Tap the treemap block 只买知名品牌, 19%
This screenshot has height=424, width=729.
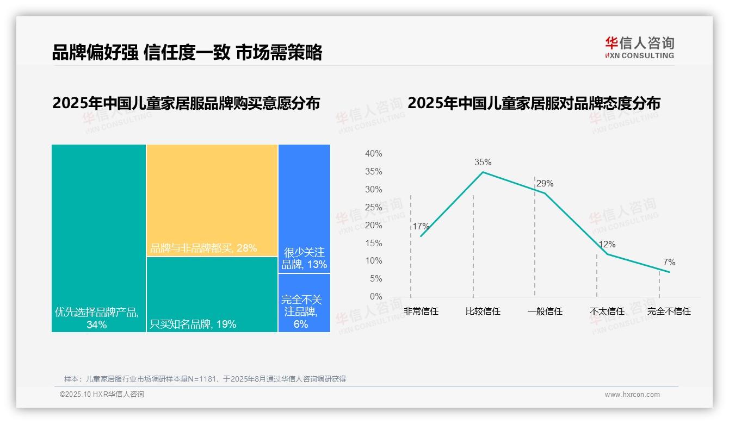[x=212, y=294]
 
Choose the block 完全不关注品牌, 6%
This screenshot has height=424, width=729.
[x=304, y=303]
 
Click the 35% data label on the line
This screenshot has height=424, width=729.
[x=483, y=162]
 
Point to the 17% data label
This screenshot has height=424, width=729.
[x=421, y=227]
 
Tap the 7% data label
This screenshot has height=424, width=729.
[x=669, y=263]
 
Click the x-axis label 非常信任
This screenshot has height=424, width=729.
[x=421, y=311]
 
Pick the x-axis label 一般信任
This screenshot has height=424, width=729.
[x=545, y=311]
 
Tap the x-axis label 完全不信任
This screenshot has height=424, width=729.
[x=669, y=311]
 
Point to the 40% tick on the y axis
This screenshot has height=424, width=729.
[x=373, y=154]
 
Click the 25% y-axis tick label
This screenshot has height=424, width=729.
[x=373, y=207]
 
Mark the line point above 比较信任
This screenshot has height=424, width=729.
[x=483, y=172]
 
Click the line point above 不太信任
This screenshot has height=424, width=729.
[x=607, y=254]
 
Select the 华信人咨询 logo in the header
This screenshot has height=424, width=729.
[x=639, y=47]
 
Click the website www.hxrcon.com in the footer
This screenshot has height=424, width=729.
[x=632, y=395]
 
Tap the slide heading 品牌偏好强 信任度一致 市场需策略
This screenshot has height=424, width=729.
[x=187, y=52]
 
